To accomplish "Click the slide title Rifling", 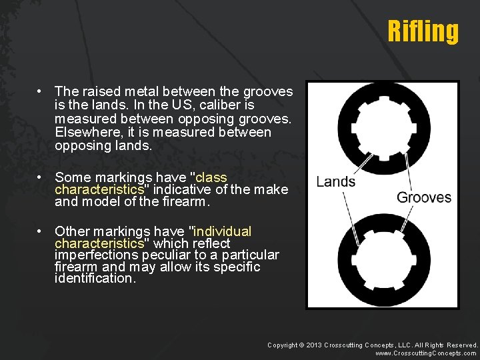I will (423, 31).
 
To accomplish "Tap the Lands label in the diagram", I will (335, 182).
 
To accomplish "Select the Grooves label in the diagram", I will (424, 197).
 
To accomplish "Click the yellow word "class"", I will (211, 178).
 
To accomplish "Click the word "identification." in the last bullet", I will (95, 279).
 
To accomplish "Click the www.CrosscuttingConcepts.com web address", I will (426, 353).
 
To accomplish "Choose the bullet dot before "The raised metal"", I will (41, 91).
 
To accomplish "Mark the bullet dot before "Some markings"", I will (41, 178).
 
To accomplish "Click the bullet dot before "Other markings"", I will (41, 231).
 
